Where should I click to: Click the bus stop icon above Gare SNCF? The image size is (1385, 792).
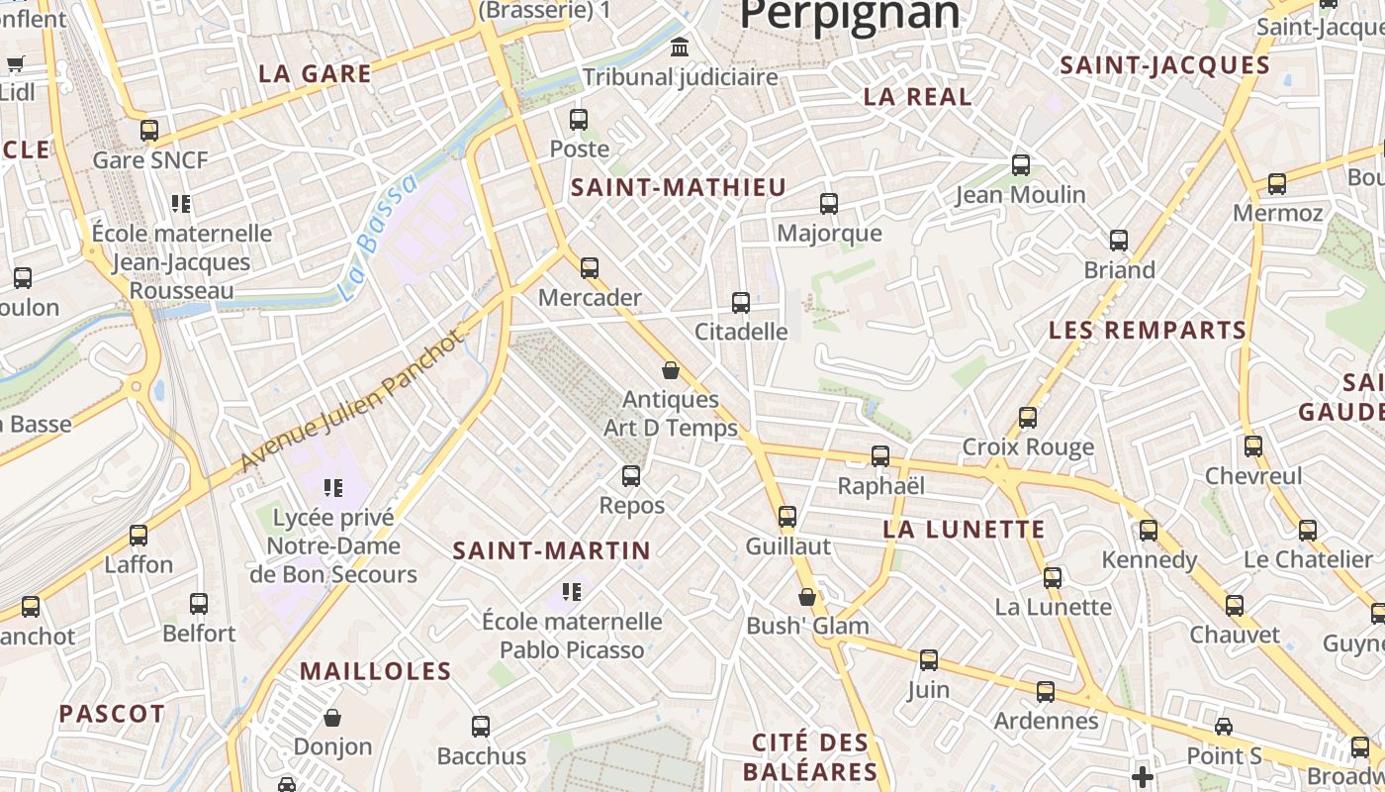[149, 130]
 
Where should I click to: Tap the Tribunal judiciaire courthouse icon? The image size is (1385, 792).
[680, 47]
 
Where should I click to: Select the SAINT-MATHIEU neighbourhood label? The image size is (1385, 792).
[678, 187]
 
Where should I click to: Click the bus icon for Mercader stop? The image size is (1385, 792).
[590, 267]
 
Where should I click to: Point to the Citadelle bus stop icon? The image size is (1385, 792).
[741, 303]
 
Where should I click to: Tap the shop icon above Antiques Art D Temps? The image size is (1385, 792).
[671, 370]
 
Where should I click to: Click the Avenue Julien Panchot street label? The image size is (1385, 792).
[351, 401]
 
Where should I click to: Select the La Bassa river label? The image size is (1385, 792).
[378, 239]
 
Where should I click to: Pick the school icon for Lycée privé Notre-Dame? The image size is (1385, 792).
[333, 487]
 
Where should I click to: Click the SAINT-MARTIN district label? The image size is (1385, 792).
[551, 551]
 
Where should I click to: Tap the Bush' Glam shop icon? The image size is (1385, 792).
[807, 597]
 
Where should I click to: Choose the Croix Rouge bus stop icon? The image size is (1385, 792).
[1028, 418]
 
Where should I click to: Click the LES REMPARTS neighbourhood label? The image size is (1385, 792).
[1148, 331]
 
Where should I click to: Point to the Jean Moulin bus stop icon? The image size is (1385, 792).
[1021, 165]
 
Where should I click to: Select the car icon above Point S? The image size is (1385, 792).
[1224, 727]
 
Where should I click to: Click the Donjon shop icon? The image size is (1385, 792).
[332, 717]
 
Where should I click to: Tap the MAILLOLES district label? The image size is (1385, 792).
[375, 671]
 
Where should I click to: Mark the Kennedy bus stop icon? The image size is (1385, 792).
[1148, 531]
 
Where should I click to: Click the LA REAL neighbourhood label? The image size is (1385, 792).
[917, 97]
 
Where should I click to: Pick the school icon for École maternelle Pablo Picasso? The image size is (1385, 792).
[571, 592]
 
